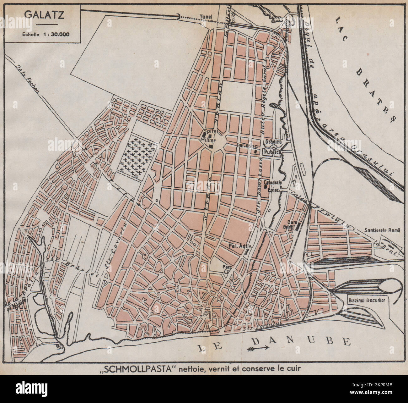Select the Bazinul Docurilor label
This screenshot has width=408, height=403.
(366, 300)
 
